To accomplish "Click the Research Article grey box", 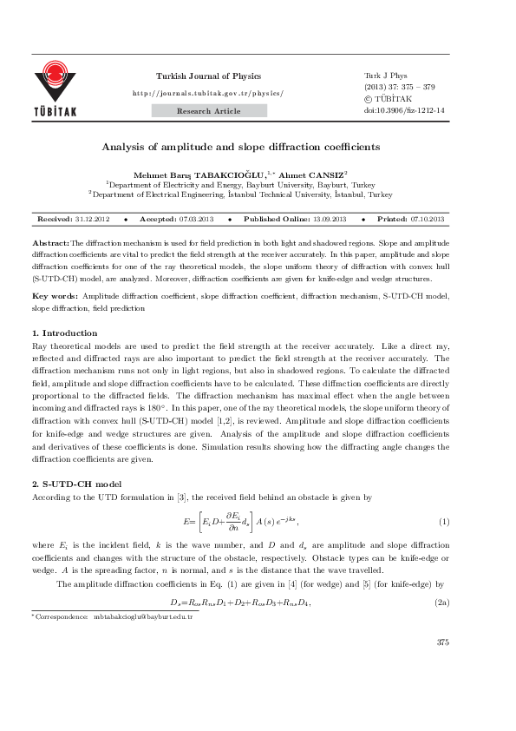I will [x=208, y=111].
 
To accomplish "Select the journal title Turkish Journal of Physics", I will [x=207, y=76].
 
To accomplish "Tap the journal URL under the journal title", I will [x=207, y=92].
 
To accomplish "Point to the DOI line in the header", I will [x=405, y=111].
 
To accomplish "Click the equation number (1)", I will [x=443, y=520].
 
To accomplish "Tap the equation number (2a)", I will [x=441, y=602].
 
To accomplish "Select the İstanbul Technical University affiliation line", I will [x=241, y=195].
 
